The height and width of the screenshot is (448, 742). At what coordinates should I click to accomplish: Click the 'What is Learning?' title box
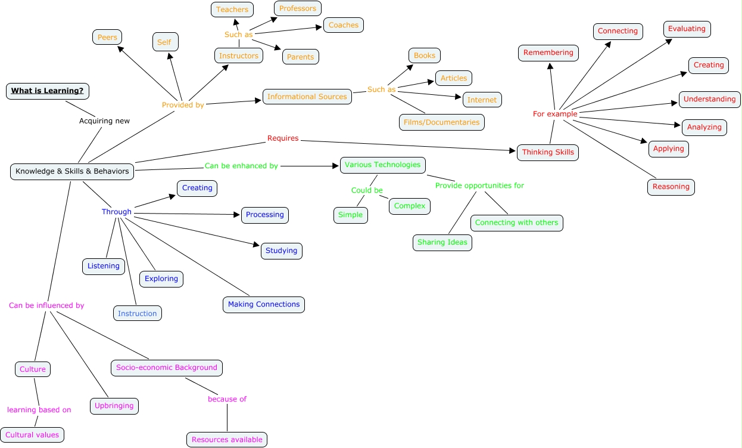48,91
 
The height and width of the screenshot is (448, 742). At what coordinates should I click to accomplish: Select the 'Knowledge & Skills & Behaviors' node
72,171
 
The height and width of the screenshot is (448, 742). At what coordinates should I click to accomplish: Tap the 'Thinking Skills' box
548,152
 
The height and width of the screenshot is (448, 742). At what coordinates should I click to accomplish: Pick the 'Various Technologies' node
382,165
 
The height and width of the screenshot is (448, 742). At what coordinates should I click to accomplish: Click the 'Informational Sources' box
307,97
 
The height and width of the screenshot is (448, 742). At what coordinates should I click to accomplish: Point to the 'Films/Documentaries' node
441,122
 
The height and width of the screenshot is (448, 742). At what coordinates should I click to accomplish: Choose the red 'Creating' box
708,65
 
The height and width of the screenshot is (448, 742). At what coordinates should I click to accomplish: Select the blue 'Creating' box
197,188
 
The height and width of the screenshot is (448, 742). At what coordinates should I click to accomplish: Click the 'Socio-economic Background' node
167,367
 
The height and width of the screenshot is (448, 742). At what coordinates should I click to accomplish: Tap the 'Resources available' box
227,440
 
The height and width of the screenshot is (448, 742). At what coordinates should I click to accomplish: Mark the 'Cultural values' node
32,435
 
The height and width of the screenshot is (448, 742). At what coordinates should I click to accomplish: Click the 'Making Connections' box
264,304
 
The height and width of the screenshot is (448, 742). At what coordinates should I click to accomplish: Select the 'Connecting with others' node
516,223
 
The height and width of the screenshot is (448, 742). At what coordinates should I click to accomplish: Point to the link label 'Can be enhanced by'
241,166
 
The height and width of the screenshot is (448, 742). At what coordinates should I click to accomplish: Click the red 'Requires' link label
283,138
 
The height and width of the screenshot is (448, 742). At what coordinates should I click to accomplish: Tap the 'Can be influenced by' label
46,305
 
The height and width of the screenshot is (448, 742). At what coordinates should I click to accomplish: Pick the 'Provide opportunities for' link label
479,186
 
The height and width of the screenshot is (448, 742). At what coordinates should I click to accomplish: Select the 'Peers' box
107,37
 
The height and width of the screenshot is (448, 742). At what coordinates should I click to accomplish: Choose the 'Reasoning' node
671,187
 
